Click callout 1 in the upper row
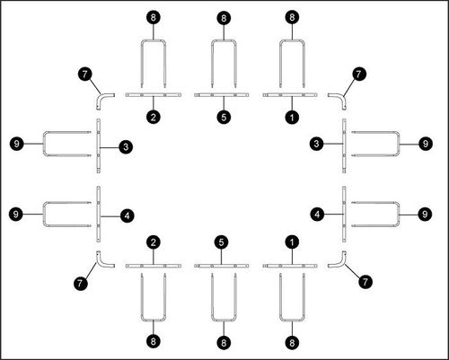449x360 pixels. click(292, 118)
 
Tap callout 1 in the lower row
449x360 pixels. click(292, 242)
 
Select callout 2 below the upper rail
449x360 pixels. click(154, 117)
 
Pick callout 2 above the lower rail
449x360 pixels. click(154, 242)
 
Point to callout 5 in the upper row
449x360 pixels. click(224, 118)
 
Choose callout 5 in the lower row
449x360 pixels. click(221, 242)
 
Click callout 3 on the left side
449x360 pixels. click(126, 147)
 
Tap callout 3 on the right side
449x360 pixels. click(317, 144)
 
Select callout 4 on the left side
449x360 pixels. click(127, 215)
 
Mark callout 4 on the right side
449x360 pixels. click(317, 215)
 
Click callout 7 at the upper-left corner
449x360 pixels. click(85, 74)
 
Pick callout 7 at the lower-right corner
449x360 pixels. click(365, 281)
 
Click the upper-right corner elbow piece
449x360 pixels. click(342, 97)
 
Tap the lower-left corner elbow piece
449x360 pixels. click(100, 263)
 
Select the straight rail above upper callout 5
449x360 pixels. click(222, 95)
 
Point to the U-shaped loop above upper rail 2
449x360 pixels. click(154, 40)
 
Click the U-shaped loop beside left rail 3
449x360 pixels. click(44, 144)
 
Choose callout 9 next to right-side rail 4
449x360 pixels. click(425, 215)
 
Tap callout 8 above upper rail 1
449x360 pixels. click(292, 17)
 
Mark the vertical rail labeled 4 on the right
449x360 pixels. click(344, 215)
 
